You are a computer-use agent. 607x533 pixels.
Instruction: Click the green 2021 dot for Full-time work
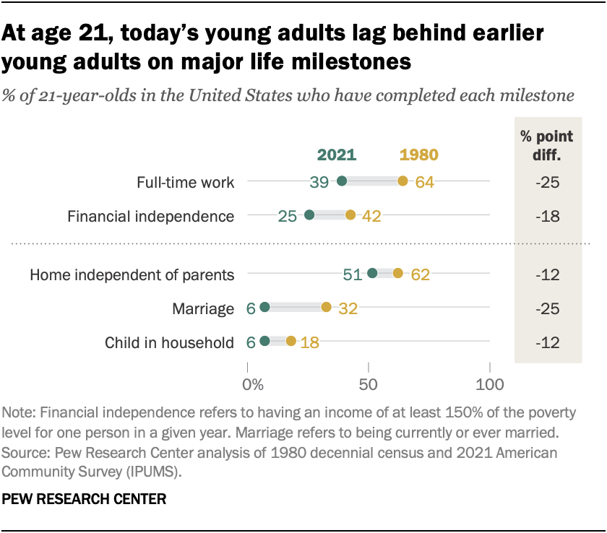[x=341, y=181]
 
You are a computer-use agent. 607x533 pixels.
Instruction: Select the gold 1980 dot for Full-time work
[x=402, y=181]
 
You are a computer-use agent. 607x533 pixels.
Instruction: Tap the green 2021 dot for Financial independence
[x=309, y=215]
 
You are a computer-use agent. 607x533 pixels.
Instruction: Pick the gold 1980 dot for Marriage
[x=327, y=308]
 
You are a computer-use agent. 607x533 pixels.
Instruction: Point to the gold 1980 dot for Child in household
[x=291, y=341]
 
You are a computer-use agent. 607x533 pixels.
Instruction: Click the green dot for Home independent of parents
[x=372, y=273]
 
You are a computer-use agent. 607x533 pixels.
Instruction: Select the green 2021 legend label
[x=337, y=155]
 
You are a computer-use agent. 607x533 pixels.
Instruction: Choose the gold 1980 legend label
[x=419, y=155]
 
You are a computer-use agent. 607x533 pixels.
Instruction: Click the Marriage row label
[x=203, y=309]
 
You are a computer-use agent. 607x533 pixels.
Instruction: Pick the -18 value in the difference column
[x=548, y=216]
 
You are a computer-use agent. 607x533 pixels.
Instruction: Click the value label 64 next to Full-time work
[x=424, y=182]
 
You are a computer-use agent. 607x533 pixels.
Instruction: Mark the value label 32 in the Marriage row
[x=348, y=309]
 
